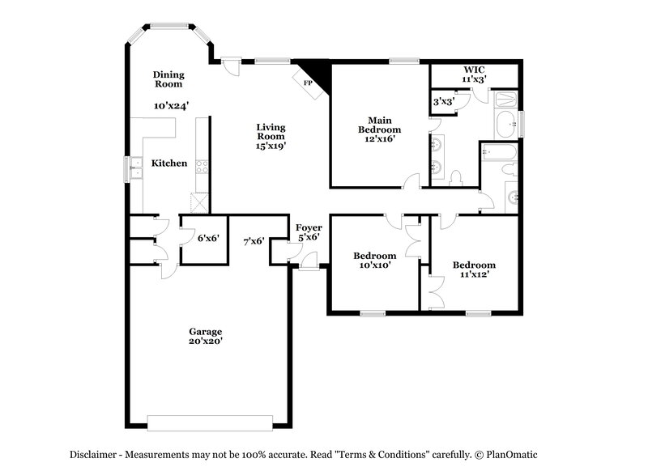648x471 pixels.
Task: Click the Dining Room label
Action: pyautogui.click(x=168, y=78)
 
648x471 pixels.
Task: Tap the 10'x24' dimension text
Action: pyautogui.click(x=171, y=105)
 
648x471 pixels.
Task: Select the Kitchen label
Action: pyautogui.click(x=170, y=163)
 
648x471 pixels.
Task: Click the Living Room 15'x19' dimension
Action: pyautogui.click(x=271, y=146)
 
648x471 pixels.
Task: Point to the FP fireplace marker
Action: pyautogui.click(x=307, y=83)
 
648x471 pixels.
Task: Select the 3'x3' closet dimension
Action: pyautogui.click(x=442, y=102)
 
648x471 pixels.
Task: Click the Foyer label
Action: pyautogui.click(x=309, y=228)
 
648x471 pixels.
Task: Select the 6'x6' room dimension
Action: pyautogui.click(x=209, y=238)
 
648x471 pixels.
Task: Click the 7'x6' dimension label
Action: pyautogui.click(x=254, y=241)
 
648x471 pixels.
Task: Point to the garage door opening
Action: pyautogui.click(x=210, y=423)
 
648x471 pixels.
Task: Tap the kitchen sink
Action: pyautogui.click(x=137, y=169)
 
